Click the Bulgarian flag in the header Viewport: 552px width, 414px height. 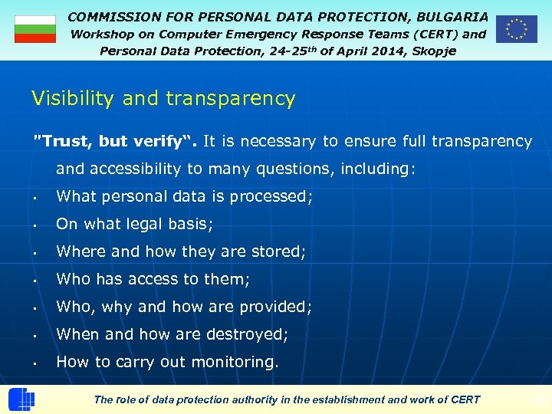tap(35, 29)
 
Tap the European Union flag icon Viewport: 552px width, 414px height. tap(516, 29)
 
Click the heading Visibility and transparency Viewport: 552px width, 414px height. tap(163, 98)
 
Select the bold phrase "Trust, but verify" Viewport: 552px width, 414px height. tap(113, 141)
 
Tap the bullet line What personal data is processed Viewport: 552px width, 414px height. tap(185, 196)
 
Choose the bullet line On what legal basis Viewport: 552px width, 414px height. tap(135, 224)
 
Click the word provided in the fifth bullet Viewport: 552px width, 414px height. tap(276, 307)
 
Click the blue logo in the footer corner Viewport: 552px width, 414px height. tap(21, 399)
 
